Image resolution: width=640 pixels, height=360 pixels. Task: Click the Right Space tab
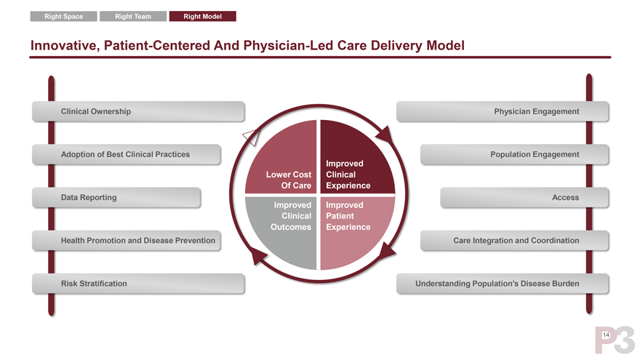[63, 16]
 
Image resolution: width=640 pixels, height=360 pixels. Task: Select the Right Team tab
[132, 16]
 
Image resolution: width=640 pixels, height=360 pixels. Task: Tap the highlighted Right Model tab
[202, 16]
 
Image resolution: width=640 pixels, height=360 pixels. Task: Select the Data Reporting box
[116, 197]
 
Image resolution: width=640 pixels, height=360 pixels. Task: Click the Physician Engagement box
[503, 111]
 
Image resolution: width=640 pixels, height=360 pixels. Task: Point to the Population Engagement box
[513, 154]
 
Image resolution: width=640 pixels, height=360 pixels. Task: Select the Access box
[524, 197]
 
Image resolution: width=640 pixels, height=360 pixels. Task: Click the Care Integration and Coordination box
[513, 240]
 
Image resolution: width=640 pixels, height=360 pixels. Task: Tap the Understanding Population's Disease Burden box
[503, 283]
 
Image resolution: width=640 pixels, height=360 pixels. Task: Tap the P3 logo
[615, 340]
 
